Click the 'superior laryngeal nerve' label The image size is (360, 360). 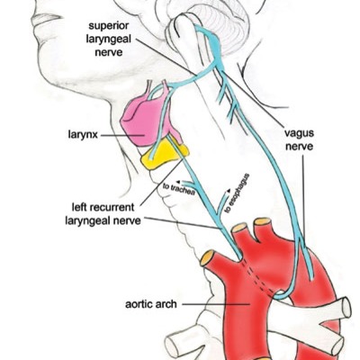(109, 39)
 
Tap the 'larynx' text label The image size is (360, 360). (83, 134)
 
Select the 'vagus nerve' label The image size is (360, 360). (300, 139)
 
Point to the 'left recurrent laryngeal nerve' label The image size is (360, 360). (103, 213)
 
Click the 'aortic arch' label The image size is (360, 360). (151, 304)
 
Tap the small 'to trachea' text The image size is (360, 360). (179, 189)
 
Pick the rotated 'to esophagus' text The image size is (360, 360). (238, 193)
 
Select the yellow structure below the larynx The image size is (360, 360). (165, 155)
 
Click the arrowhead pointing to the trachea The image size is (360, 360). (178, 182)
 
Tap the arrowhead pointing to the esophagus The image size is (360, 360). (229, 190)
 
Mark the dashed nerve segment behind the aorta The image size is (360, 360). (258, 276)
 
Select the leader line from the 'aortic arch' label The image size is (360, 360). (216, 304)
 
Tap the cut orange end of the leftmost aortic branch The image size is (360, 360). (207, 258)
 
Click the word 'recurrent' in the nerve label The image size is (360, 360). (114, 207)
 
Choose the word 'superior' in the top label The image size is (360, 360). (109, 26)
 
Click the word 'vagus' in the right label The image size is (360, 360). (300, 134)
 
